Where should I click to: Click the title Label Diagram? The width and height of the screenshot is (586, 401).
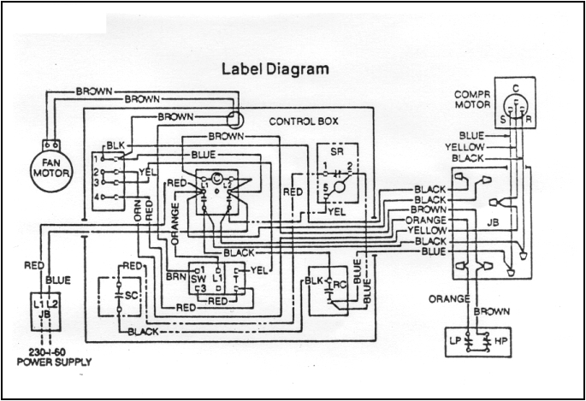pos(275,68)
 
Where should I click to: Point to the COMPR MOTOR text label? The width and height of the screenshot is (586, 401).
pos(472,99)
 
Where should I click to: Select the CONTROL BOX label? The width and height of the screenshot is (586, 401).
pos(303,121)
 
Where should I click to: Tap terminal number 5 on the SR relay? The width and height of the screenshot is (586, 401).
pos(325,186)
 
